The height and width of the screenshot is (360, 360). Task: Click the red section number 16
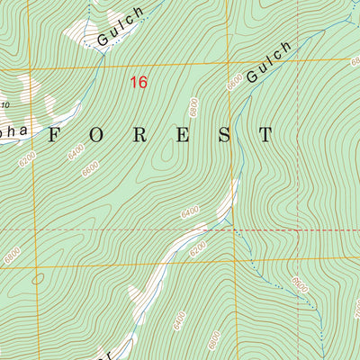(138, 83)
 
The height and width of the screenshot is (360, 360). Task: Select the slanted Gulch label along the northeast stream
(269, 62)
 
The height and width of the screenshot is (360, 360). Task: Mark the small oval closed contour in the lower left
(37, 278)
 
